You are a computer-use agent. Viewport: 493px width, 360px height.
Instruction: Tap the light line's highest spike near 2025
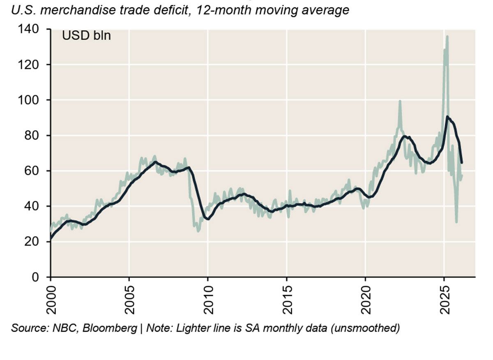tap(447, 37)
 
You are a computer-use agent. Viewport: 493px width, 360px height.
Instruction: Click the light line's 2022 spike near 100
tap(399, 101)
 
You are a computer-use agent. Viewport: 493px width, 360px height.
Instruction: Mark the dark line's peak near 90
tap(447, 117)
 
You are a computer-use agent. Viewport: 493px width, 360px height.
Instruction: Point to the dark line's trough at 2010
tap(208, 219)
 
